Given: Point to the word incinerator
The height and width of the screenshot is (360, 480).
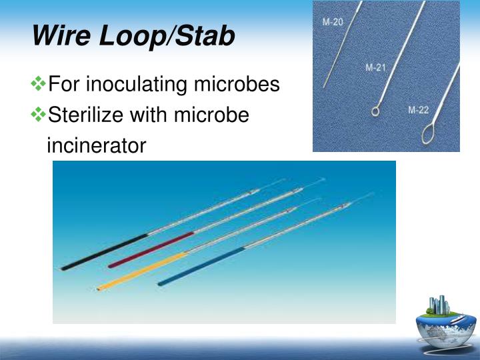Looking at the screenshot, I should pos(96,145).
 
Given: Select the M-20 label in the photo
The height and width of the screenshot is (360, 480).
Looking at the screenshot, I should pos(333,22).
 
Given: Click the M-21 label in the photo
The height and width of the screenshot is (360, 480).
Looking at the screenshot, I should pos(376,67).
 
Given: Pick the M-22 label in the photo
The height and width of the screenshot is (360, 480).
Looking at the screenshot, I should pos(419,110).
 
